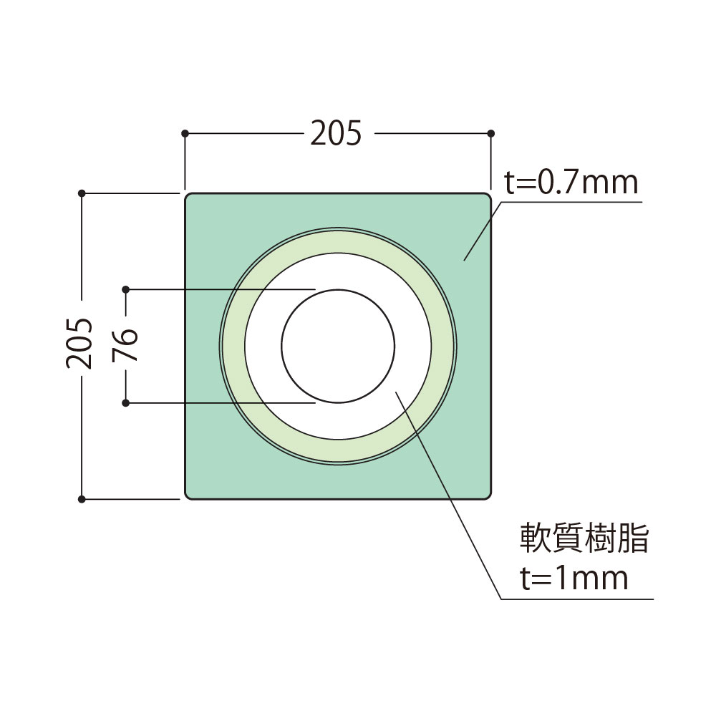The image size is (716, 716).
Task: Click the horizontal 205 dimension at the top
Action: pyautogui.click(x=337, y=133)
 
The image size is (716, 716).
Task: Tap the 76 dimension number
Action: pyautogui.click(x=125, y=347)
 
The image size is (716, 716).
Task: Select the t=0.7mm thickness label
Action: pyautogui.click(x=571, y=183)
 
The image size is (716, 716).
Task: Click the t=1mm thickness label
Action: pyautogui.click(x=574, y=577)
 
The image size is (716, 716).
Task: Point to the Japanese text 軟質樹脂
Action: pyautogui.click(x=584, y=539)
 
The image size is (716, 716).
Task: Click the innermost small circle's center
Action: pyautogui.click(x=338, y=347)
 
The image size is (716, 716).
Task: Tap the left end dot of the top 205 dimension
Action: pyautogui.click(x=185, y=133)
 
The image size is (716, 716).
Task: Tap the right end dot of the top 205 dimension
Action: pyautogui.click(x=490, y=133)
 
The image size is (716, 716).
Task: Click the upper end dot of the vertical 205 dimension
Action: pyautogui.click(x=82, y=193)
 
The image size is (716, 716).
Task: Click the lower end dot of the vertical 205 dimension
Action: pyautogui.click(x=82, y=498)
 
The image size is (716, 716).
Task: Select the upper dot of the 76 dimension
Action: pyautogui.click(x=125, y=289)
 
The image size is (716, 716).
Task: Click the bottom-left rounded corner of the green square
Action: pyautogui.click(x=188, y=495)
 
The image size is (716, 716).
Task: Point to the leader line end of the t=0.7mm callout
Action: pyautogui.click(x=464, y=260)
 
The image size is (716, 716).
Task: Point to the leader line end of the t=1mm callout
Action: pyautogui.click(x=396, y=392)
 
